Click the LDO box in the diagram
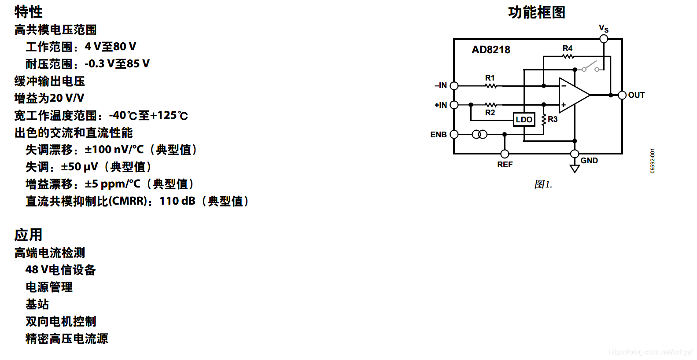coord(524,119)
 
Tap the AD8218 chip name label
coord(490,50)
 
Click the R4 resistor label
coord(568,48)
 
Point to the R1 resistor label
coord(490,78)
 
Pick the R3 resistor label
coord(553,119)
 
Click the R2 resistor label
coord(490,113)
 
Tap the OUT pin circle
coord(622,95)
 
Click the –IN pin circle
coord(454,86)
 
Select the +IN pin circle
coord(454,105)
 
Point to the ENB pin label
coord(438,135)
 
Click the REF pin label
coord(505,165)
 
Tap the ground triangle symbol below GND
coord(575,169)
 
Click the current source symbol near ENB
coord(479,134)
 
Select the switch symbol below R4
coord(590,67)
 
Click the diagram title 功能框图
coord(536,12)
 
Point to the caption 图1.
coord(543,184)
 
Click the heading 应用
coord(28,235)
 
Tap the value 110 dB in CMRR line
coord(177,201)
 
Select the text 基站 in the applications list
coord(37,304)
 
